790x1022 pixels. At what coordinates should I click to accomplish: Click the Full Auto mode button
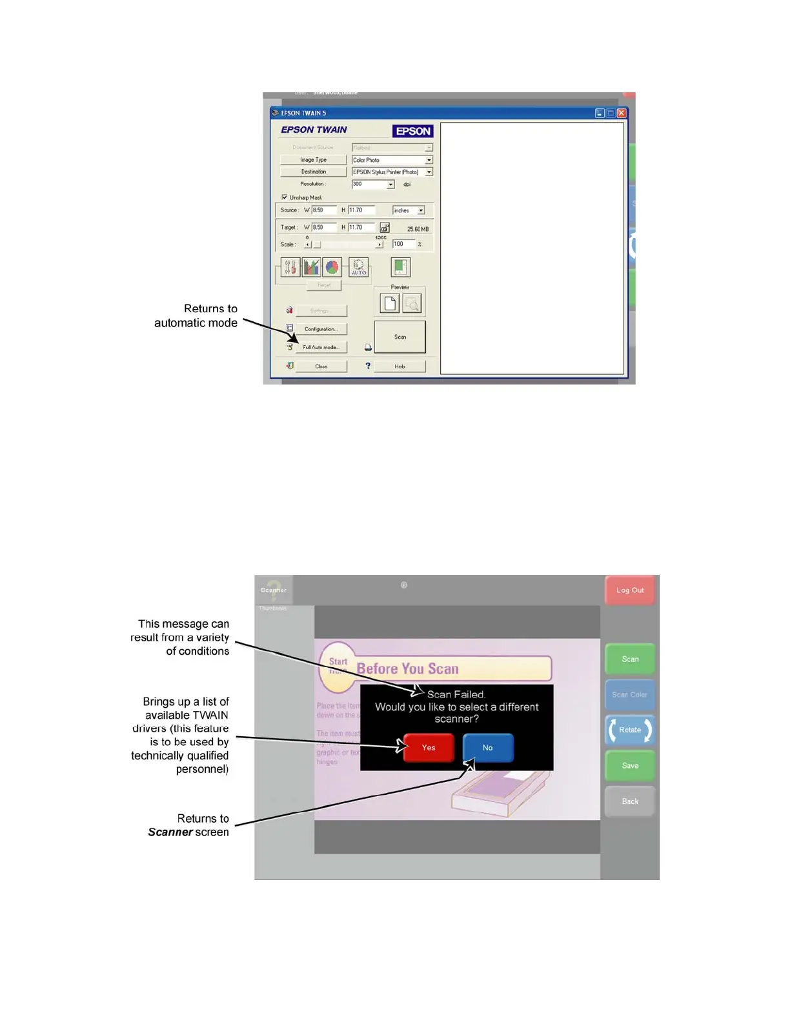click(x=321, y=347)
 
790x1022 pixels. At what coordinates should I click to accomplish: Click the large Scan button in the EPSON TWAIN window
click(x=400, y=337)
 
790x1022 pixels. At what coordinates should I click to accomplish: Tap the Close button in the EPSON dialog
click(x=321, y=366)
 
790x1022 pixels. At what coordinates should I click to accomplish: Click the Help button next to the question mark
click(x=400, y=366)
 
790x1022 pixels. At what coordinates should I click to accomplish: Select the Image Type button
click(x=313, y=160)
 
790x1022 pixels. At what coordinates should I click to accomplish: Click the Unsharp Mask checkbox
click(x=285, y=197)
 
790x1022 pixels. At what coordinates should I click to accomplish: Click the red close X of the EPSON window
click(x=621, y=113)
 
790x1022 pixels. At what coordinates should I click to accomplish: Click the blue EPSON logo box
click(x=412, y=131)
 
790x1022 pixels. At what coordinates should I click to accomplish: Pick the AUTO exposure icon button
click(x=359, y=267)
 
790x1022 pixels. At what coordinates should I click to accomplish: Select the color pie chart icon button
click(x=332, y=267)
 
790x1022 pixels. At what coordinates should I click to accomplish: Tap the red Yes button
click(x=429, y=748)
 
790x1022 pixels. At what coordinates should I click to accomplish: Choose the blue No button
click(x=488, y=748)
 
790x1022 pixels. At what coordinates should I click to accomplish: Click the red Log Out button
click(x=630, y=590)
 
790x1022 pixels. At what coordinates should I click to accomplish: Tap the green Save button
click(x=630, y=766)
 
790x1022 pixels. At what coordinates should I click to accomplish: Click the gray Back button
click(x=630, y=801)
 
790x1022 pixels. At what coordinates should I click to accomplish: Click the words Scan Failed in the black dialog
click(x=456, y=695)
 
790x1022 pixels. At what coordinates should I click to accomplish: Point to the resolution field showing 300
click(x=369, y=185)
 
